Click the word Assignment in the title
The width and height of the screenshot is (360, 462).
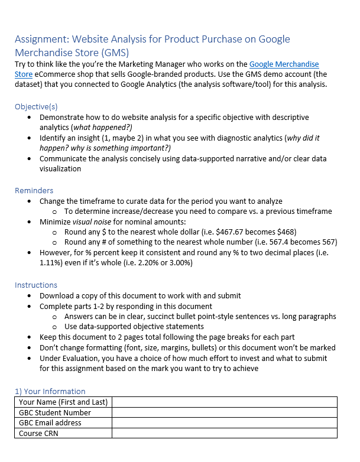(x=40, y=39)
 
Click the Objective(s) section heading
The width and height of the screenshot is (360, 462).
(x=36, y=107)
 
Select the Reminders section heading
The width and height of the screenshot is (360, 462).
(x=34, y=190)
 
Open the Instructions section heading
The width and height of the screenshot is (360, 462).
(x=36, y=285)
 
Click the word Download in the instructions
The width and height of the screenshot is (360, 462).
(x=58, y=295)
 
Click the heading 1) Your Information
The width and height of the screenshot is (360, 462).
(x=50, y=391)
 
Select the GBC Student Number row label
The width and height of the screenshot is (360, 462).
(x=55, y=412)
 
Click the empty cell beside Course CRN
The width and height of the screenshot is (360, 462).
(x=224, y=433)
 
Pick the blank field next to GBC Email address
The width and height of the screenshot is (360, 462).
(x=224, y=422)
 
